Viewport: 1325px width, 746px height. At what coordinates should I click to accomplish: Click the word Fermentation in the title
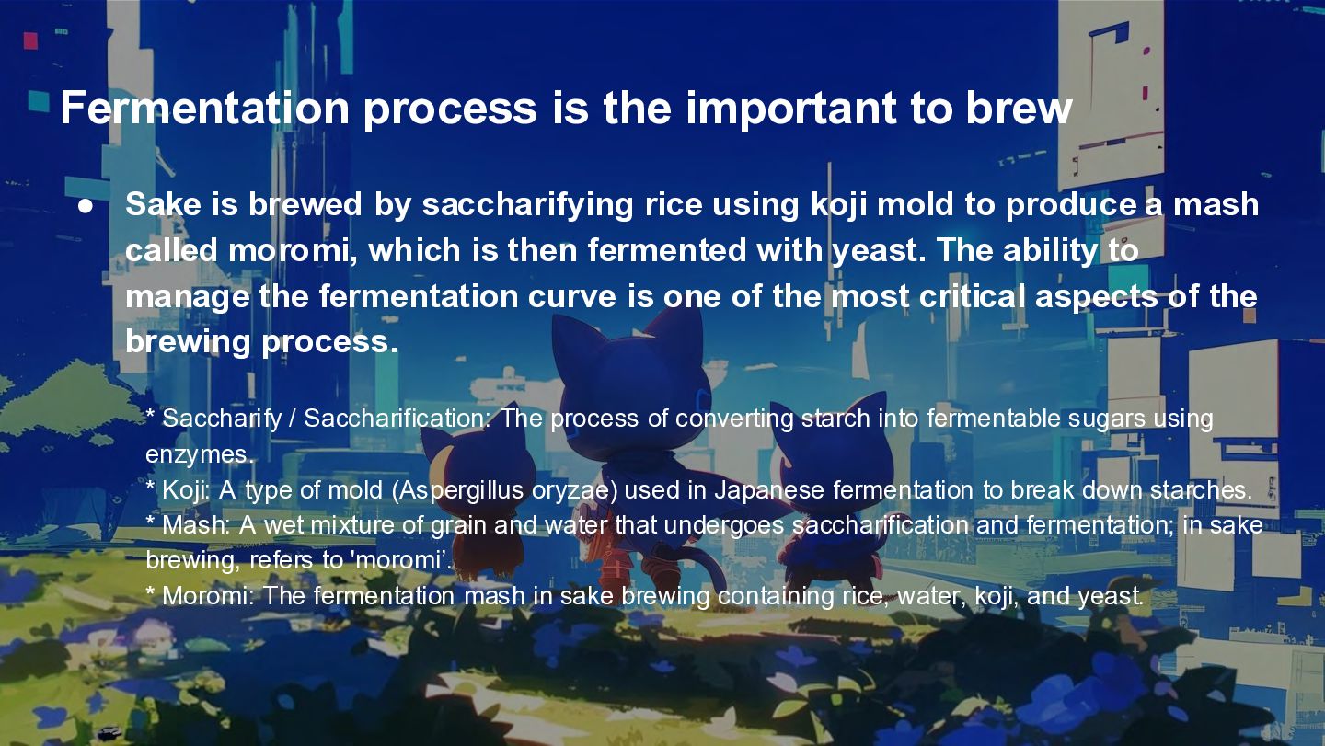point(204,108)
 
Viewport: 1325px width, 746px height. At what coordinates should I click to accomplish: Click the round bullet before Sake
point(86,206)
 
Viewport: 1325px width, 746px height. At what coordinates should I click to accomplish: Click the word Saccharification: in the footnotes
point(397,419)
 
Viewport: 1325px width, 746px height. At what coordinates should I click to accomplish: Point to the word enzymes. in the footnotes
point(200,455)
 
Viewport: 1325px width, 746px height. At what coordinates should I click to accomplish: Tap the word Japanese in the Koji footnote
point(769,490)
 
